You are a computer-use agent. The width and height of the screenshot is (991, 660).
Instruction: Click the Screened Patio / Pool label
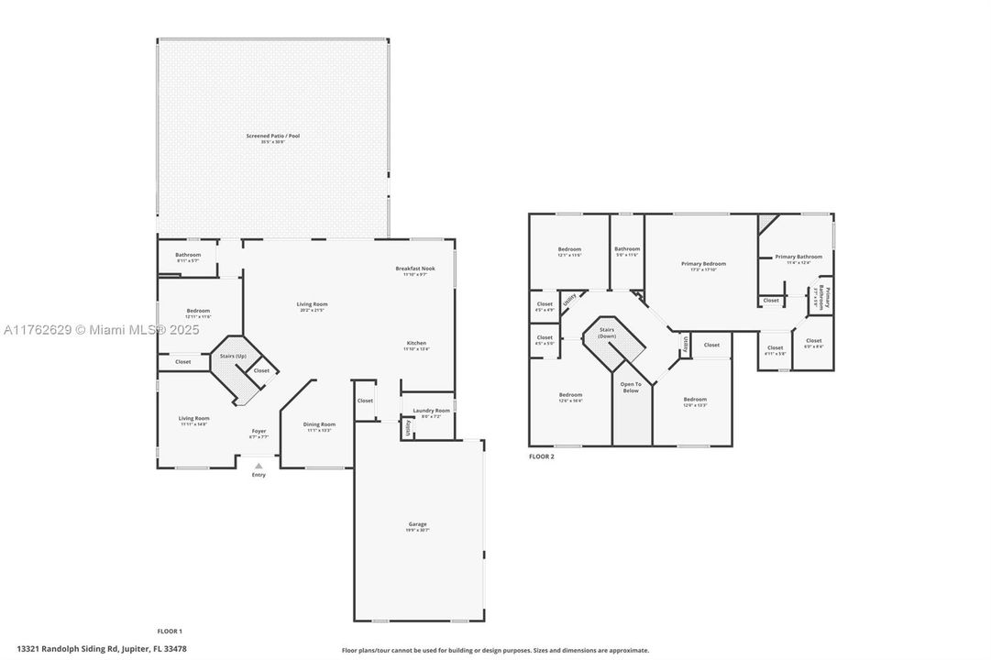(x=272, y=136)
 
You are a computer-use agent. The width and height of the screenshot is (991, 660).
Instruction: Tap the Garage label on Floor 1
(x=417, y=524)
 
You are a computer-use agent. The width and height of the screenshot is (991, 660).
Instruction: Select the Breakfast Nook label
(x=414, y=269)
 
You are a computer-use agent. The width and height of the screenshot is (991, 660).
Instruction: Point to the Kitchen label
(x=415, y=343)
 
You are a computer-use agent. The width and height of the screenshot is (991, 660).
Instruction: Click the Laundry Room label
(x=430, y=411)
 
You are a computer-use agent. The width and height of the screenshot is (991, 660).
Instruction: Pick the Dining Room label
(x=319, y=424)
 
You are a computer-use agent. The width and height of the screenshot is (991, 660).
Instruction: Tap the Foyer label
(x=259, y=431)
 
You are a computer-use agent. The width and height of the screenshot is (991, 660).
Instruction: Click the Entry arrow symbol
(x=259, y=466)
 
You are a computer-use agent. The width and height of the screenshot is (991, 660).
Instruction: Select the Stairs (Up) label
(x=233, y=356)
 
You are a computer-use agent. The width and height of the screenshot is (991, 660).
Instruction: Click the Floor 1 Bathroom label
(x=188, y=255)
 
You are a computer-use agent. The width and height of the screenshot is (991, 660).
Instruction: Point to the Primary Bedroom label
(x=703, y=264)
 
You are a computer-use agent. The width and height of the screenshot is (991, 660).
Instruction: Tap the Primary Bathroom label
(x=798, y=257)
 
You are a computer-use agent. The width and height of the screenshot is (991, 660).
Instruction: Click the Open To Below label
(x=630, y=387)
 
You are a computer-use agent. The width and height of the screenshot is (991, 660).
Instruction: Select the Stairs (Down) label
(x=606, y=332)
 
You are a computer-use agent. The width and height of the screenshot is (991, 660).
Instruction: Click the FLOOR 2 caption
(x=541, y=456)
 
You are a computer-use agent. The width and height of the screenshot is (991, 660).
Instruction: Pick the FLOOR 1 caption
(x=170, y=631)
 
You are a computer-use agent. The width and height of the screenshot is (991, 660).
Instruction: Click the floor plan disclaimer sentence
(x=495, y=650)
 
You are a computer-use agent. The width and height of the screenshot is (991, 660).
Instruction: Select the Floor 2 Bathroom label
(x=627, y=249)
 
